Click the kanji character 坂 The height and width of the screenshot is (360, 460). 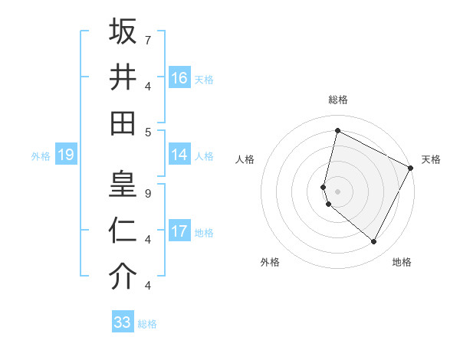click(x=123, y=31)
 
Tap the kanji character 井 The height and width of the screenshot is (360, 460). click(x=123, y=77)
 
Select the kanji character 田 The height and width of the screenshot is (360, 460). click(x=123, y=123)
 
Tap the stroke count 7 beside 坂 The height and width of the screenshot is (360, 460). click(x=147, y=39)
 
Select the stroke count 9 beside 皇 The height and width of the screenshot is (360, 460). click(x=147, y=194)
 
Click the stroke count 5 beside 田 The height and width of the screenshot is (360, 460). click(x=147, y=131)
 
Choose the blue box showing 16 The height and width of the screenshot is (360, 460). click(x=179, y=78)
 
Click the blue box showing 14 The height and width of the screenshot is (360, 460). click(x=179, y=155)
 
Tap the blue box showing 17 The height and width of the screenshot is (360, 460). click(x=179, y=231)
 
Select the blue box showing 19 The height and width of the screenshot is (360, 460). click(x=66, y=155)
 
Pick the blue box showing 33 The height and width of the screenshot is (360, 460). click(x=123, y=322)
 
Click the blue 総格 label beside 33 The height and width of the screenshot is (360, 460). click(x=148, y=324)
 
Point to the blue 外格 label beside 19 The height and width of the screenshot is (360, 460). click(x=41, y=156)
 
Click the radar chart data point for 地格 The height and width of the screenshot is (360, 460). click(x=374, y=242)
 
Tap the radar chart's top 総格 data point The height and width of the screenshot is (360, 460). click(x=337, y=130)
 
